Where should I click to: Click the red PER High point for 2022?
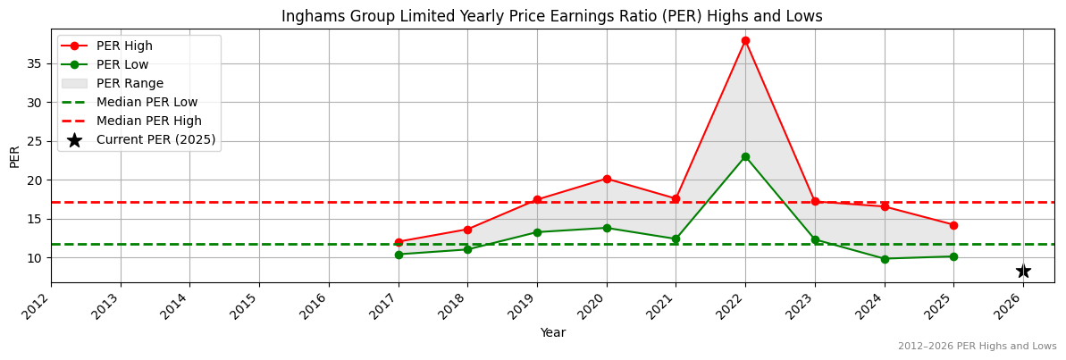coord(745,40)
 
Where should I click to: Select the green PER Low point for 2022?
coord(745,156)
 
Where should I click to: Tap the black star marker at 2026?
coord(1023,271)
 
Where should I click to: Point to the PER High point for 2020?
coord(607,179)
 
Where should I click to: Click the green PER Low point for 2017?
coord(399,255)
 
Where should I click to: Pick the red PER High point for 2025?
coord(953,225)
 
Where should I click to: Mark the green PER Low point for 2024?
coord(885,259)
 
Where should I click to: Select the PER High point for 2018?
coord(467,230)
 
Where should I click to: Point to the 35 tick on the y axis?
coord(35,63)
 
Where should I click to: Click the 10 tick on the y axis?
coord(35,258)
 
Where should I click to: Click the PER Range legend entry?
coord(130,83)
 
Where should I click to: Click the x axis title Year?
coord(552,333)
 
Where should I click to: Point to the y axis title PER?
coord(14,156)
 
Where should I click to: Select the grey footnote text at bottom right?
coord(977,347)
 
